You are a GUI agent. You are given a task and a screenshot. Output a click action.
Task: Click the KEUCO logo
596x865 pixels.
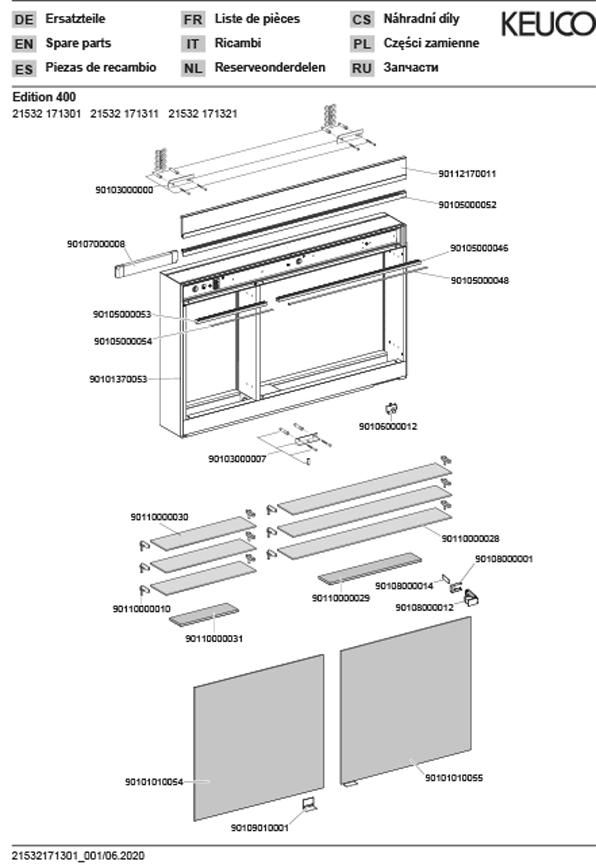(x=548, y=24)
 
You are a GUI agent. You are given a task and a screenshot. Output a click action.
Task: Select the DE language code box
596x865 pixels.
(x=24, y=19)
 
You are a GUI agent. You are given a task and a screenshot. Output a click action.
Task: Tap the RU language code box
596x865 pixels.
(x=362, y=69)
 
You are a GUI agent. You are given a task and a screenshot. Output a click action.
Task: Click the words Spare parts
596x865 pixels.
(x=78, y=43)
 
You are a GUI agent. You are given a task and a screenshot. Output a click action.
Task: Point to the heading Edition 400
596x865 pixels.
(x=44, y=97)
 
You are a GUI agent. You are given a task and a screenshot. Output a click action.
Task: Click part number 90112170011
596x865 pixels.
(x=467, y=174)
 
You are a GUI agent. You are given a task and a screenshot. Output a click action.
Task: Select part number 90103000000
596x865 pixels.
(x=124, y=190)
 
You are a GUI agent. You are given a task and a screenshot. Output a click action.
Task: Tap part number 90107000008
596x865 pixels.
(x=96, y=244)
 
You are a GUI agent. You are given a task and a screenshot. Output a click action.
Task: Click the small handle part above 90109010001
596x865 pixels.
(x=310, y=804)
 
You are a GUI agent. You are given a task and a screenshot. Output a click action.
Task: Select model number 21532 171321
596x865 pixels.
(x=203, y=114)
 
